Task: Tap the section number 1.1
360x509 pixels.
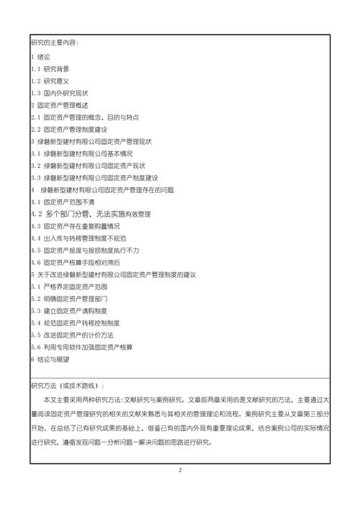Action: point(36,68)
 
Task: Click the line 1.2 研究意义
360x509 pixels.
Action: point(50,80)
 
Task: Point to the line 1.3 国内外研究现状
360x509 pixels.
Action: point(59,92)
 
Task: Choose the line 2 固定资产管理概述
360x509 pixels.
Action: point(60,104)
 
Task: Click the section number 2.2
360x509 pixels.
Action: point(36,129)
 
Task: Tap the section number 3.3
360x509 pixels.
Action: point(36,177)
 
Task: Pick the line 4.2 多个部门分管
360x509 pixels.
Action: point(91,214)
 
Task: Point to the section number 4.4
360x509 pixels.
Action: point(36,238)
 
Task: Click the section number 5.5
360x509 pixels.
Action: point(36,335)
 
